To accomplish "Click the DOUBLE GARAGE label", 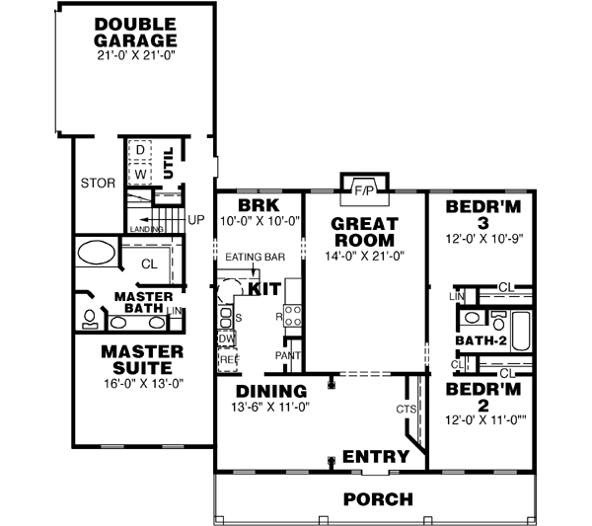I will pos(135,32).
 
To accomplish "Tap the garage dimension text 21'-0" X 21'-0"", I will pos(135,57).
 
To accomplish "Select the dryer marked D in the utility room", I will pos(140,149).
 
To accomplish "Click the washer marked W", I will pos(140,174).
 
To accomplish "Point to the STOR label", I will pos(98,183).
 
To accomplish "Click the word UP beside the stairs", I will pos(194,219).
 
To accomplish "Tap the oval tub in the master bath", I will pos(97,251).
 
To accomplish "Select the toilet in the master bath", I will pos(90,319).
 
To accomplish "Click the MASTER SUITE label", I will pos(143,359).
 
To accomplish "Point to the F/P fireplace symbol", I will pos(364,188).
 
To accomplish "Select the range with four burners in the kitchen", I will pos(293,316).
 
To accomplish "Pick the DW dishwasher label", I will pos(226,338).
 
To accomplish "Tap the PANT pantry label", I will pos(288,354).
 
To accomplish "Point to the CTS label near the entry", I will pos(404,409).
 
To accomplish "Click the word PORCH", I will pos(378,498).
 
